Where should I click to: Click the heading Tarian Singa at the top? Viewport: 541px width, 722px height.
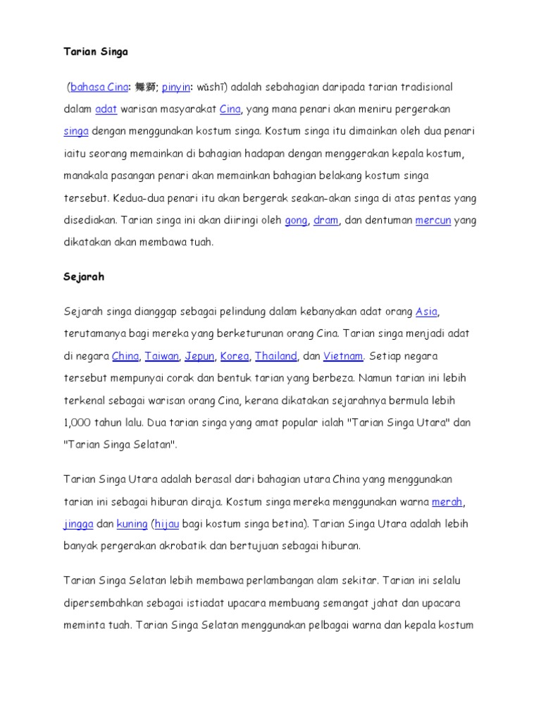(96, 52)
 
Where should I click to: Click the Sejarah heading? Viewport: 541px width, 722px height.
(84, 277)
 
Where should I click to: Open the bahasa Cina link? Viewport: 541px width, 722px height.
(98, 87)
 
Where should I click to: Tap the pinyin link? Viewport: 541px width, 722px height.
(176, 87)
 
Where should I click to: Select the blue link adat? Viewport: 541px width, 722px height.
(106, 109)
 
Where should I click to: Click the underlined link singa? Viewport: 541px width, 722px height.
(75, 132)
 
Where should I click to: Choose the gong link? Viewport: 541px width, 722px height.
(296, 221)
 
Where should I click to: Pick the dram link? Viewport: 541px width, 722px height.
(326, 221)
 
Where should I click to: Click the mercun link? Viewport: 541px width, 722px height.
(433, 221)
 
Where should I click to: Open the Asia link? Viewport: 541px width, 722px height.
(427, 312)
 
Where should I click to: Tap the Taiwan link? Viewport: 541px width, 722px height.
(162, 356)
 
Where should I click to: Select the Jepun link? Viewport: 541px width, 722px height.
(199, 356)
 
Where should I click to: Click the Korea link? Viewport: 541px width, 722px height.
(235, 356)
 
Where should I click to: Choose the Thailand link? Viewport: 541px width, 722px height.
(276, 356)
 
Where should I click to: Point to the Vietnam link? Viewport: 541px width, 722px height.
(343, 356)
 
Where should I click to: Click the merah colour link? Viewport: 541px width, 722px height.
(447, 502)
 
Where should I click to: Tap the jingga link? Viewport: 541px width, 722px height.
(78, 525)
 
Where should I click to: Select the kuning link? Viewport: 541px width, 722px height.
(132, 525)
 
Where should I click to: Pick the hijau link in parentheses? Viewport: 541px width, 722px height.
(168, 525)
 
